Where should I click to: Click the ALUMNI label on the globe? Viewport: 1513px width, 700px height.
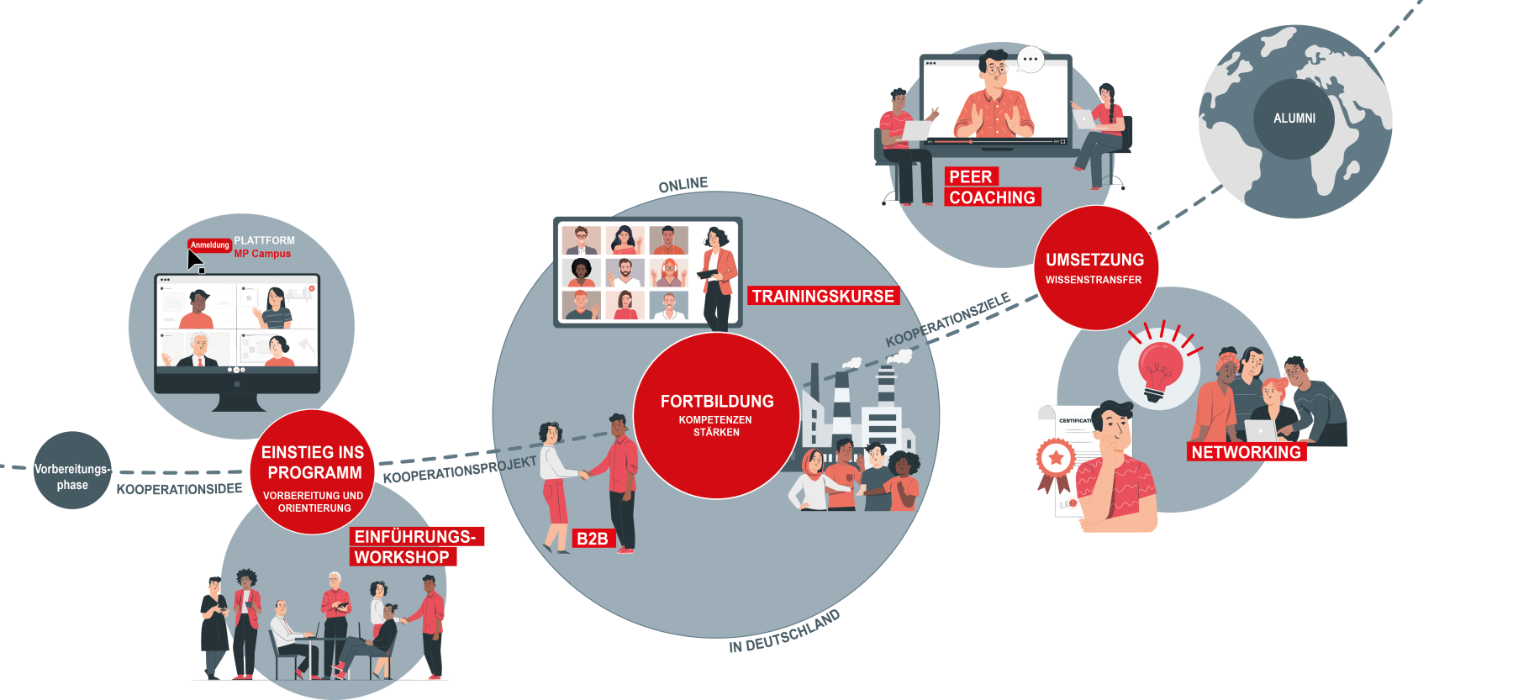[1294, 118]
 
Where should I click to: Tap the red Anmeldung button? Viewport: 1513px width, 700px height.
[209, 245]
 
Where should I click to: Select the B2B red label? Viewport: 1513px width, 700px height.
[592, 539]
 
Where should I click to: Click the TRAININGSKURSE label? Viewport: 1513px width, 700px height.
[823, 296]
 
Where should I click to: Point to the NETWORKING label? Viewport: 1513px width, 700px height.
[1246, 452]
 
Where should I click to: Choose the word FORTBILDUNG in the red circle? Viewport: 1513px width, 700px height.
[717, 402]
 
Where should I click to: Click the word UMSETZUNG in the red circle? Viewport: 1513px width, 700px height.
[1094, 260]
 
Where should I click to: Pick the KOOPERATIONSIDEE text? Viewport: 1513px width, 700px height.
[179, 489]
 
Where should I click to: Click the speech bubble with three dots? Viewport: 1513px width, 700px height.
[1031, 60]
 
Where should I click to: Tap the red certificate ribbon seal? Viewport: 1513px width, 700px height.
[1055, 460]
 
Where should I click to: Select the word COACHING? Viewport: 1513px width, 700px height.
[992, 197]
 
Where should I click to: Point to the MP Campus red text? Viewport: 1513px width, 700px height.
[262, 254]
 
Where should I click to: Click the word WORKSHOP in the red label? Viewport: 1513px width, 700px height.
[402, 557]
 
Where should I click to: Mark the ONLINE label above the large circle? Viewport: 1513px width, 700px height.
[683, 185]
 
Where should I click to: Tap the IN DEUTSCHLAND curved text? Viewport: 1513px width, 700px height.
[784, 632]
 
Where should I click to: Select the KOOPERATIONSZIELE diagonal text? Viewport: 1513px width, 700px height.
[947, 320]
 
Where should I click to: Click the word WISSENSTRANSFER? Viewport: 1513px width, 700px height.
[1094, 280]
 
